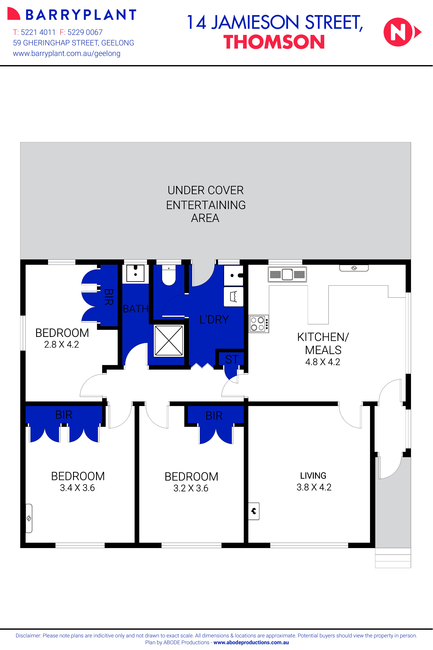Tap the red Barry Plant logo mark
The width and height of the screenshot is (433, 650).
tap(14, 14)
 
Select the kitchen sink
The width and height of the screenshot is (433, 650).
tap(287, 274)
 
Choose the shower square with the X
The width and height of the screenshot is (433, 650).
tap(169, 340)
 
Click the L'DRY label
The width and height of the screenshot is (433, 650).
tap(214, 319)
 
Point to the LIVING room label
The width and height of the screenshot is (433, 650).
tap(313, 476)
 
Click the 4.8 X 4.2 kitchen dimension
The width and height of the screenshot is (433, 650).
tap(323, 362)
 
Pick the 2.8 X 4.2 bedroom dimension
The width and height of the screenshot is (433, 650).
tap(62, 344)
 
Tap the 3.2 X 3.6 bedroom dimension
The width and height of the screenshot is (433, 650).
tap(191, 488)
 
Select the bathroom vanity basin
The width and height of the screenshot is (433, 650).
tap(135, 273)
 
